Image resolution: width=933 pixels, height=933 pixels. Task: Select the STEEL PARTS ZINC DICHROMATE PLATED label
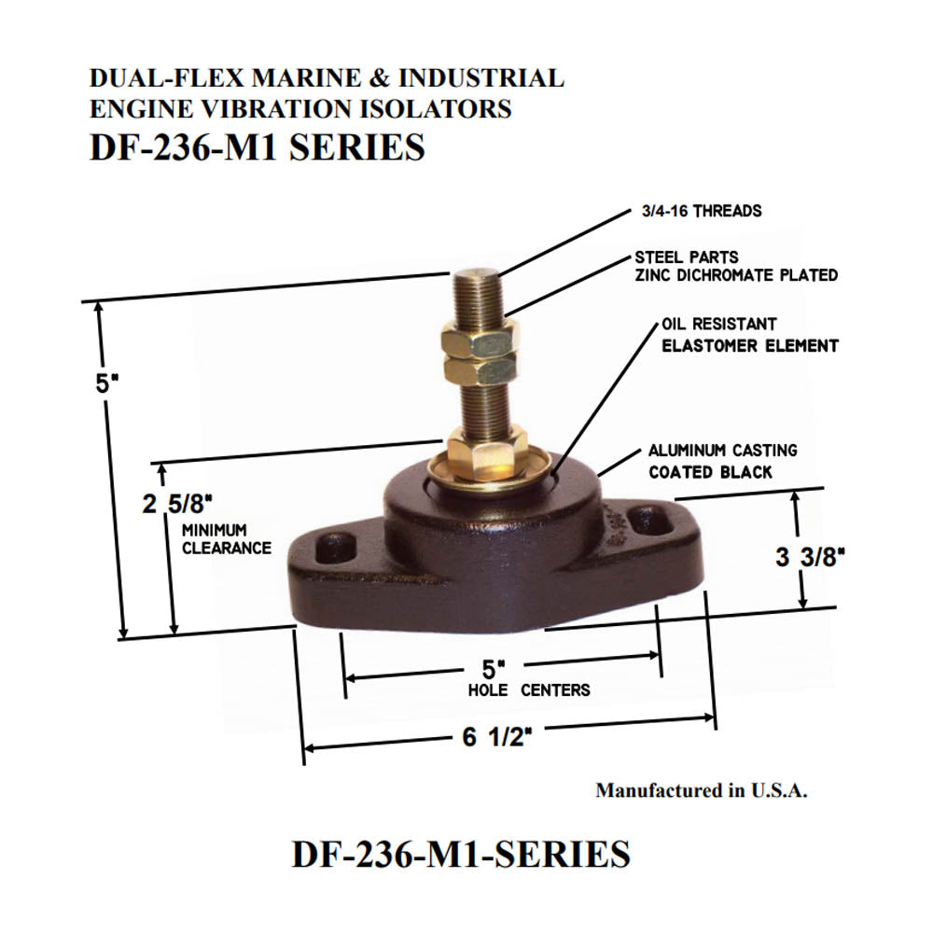(735, 266)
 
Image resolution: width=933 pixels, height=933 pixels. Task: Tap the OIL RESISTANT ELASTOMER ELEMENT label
(749, 335)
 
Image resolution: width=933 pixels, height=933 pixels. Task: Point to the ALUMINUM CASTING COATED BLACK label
(723, 462)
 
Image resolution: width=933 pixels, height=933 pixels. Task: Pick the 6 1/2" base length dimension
(496, 737)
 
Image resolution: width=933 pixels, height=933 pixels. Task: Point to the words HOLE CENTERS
(529, 690)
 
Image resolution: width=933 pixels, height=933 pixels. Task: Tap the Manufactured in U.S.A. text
(702, 790)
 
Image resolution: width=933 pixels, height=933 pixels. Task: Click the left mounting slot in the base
(334, 549)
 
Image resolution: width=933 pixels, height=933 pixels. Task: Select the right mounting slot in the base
(650, 520)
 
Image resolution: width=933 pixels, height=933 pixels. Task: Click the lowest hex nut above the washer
(486, 445)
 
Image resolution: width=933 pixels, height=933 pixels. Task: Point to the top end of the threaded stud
(478, 274)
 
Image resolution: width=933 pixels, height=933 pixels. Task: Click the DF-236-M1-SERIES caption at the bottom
(461, 855)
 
